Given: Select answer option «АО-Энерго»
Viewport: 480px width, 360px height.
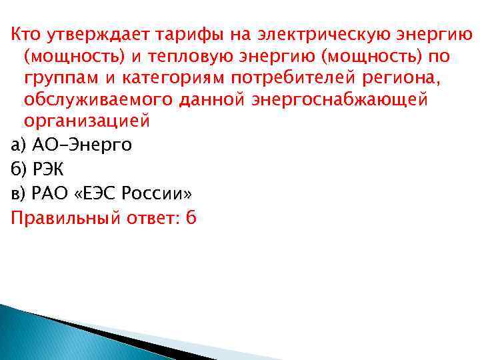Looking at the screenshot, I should tap(82, 145).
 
